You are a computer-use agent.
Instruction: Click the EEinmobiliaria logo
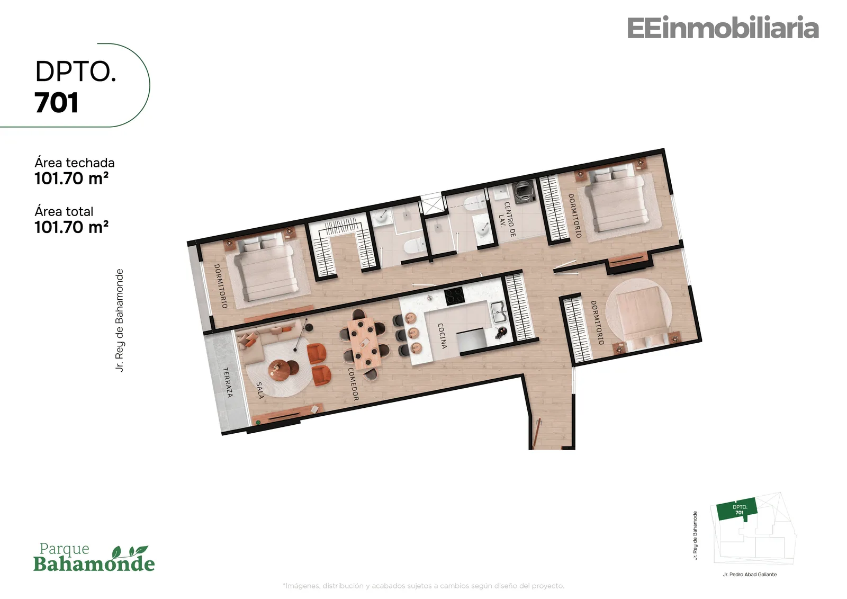(723, 28)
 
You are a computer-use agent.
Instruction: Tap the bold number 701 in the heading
(57, 103)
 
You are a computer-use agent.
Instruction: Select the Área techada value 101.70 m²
(71, 178)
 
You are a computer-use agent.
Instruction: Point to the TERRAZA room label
(228, 382)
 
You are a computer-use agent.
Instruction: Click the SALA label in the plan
(260, 390)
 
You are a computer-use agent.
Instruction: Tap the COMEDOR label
(353, 384)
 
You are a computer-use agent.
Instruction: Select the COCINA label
(442, 336)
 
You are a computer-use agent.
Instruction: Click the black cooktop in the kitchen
(454, 296)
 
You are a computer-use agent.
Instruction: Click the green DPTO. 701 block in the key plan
(738, 509)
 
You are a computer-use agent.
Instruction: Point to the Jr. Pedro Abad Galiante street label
(750, 575)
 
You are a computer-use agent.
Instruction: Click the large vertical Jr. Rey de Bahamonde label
(120, 320)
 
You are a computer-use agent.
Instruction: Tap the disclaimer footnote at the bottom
(424, 586)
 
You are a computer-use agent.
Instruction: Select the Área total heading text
(64, 211)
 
